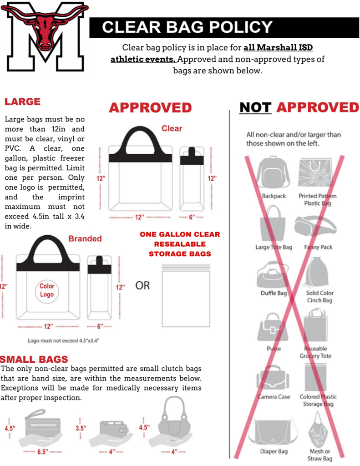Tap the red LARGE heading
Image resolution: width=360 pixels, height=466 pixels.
click(22, 101)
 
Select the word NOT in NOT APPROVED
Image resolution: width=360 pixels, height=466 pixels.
click(255, 107)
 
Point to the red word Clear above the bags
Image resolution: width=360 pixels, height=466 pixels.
click(172, 128)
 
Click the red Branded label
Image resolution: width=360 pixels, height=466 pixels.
click(85, 238)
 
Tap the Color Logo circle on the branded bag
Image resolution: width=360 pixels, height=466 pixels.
click(47, 290)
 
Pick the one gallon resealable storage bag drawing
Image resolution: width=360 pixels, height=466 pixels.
click(186, 296)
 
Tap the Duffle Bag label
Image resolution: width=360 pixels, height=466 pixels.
click(274, 293)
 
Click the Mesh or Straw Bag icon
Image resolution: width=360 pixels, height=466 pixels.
click(320, 430)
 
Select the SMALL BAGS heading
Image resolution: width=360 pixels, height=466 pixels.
click(35, 359)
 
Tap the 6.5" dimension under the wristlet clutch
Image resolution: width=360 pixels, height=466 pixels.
click(42, 452)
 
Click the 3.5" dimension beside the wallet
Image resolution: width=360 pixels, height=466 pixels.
click(81, 428)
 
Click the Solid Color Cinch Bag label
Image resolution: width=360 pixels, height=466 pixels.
click(319, 297)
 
